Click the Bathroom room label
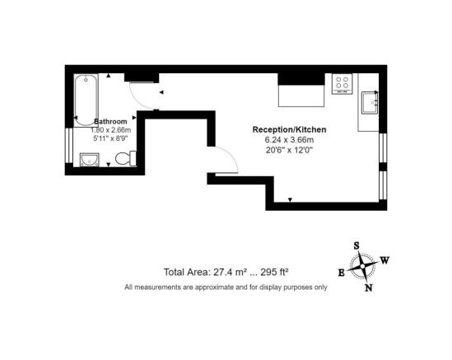[x=110, y=121]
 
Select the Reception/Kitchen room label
[x=290, y=129]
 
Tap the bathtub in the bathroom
[x=86, y=101]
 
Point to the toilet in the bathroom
[x=126, y=158]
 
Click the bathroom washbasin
[x=90, y=160]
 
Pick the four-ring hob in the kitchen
[x=342, y=84]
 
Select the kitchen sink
[x=370, y=103]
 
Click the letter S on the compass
[x=356, y=245]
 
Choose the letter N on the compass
[x=369, y=288]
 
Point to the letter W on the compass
[x=384, y=260]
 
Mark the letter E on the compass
[x=342, y=273]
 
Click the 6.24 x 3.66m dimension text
[x=290, y=140]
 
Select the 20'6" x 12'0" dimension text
[x=290, y=150]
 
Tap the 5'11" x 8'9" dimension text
[x=110, y=138]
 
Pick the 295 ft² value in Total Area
[x=275, y=272]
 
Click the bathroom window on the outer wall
[x=69, y=145]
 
